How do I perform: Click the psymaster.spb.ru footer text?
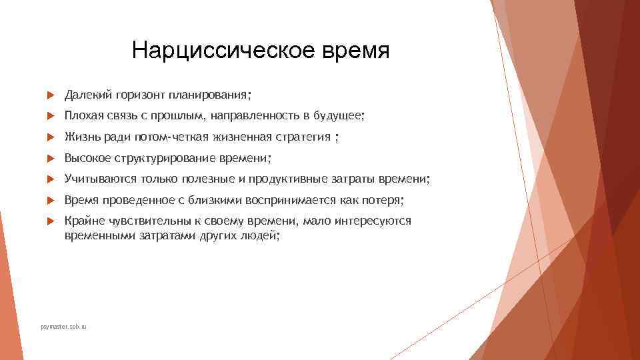64,327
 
